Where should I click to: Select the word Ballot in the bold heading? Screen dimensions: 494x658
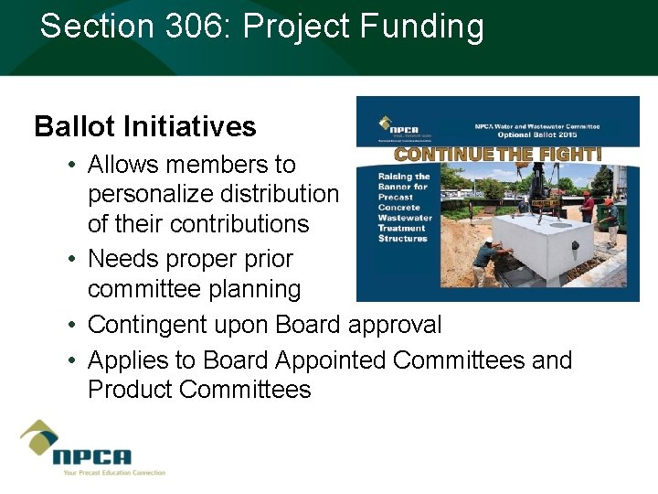(x=74, y=125)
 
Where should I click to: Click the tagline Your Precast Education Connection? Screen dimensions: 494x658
(x=113, y=473)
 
